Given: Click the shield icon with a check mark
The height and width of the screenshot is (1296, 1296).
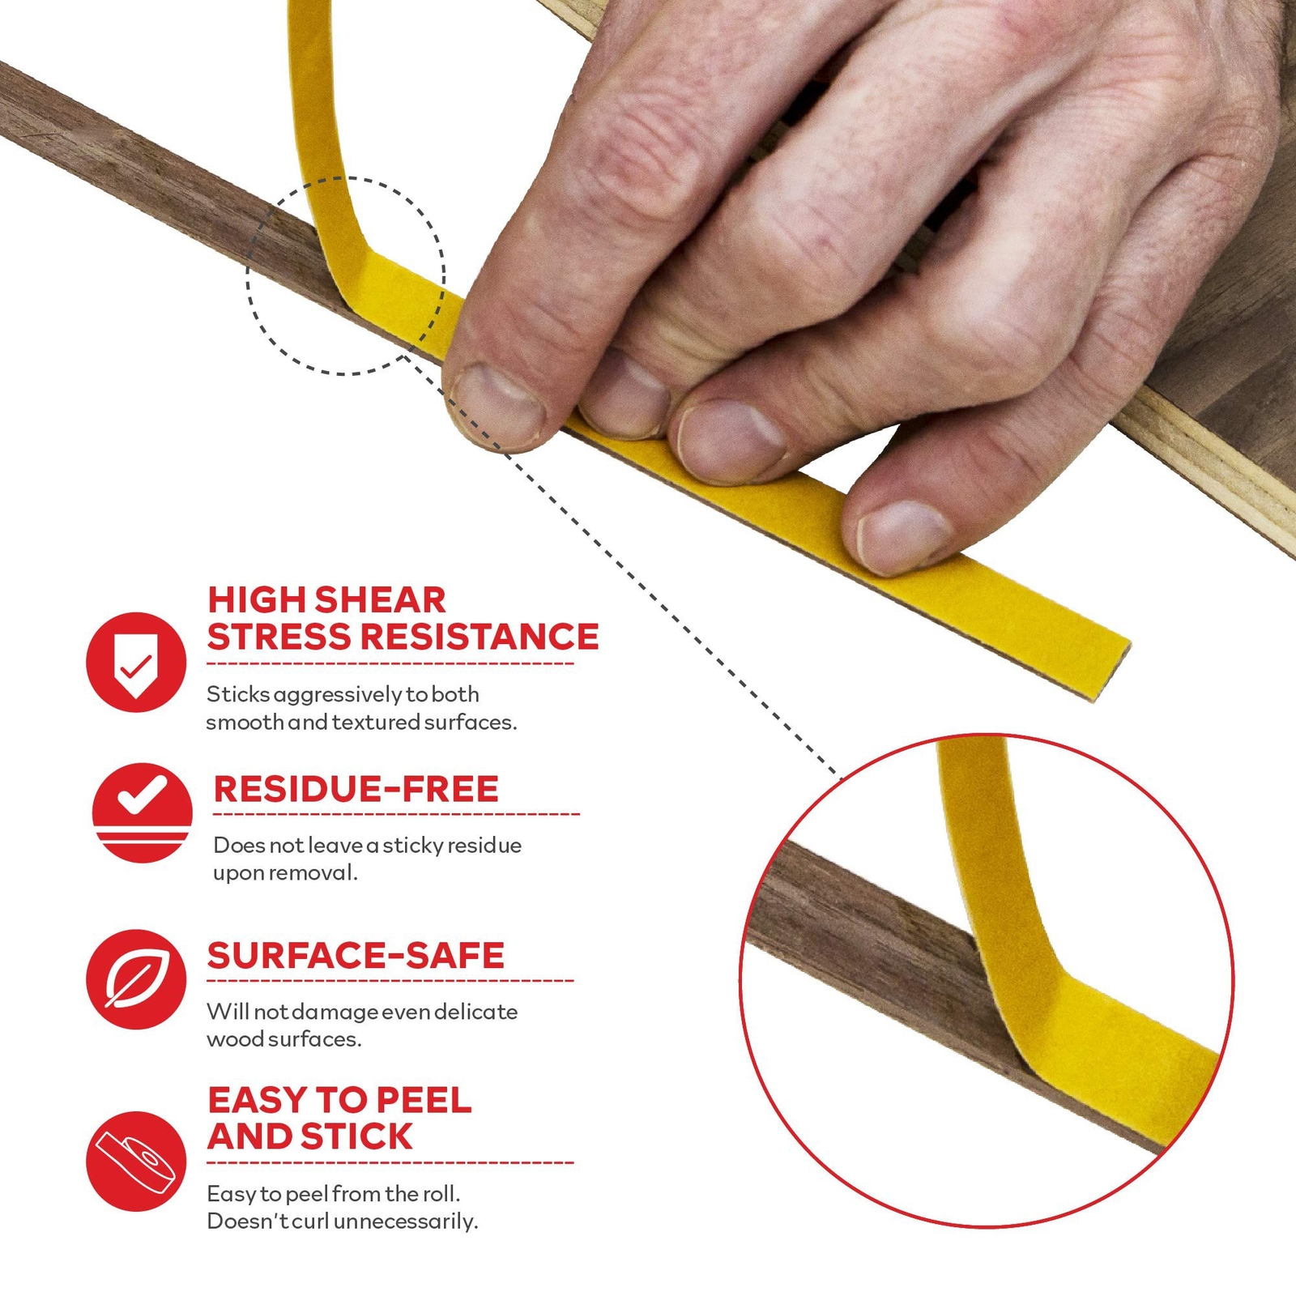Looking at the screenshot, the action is pyautogui.click(x=136, y=662).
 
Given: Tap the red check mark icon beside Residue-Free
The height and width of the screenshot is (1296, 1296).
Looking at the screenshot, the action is pyautogui.click(x=143, y=812).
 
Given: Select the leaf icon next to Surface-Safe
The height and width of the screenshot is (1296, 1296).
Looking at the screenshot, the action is pyautogui.click(x=136, y=979).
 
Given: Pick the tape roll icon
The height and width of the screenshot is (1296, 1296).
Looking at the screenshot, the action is pyautogui.click(x=136, y=1162).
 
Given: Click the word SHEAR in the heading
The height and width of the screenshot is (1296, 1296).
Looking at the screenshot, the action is pyautogui.click(x=380, y=600).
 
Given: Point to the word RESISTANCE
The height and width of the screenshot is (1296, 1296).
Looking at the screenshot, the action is pyautogui.click(x=480, y=637).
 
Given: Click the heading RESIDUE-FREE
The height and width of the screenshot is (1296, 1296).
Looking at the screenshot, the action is pyautogui.click(x=356, y=789).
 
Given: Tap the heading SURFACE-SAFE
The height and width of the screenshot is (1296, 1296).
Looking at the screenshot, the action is pyautogui.click(x=356, y=956).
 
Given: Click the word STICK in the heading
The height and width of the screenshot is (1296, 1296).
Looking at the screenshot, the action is pyautogui.click(x=357, y=1136).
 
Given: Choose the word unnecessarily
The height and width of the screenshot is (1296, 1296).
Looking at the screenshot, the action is pyautogui.click(x=406, y=1222).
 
